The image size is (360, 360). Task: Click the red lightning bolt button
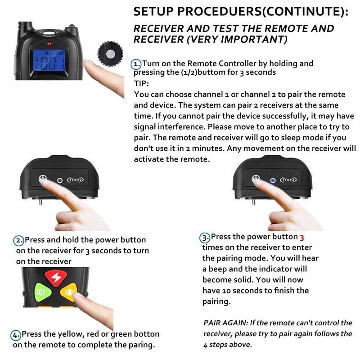coord(56,278)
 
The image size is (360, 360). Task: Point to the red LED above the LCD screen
coord(49,44)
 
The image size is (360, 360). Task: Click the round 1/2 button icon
coord(110,54)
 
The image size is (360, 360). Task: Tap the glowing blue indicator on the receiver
coord(273,180)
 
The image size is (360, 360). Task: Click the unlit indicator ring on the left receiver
coord(60,180)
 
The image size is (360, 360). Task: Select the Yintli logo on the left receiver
coord(75,180)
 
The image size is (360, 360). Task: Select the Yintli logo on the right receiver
coord(288,180)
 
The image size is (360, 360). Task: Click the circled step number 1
coord(136,64)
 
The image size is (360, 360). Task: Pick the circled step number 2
coord(18,241)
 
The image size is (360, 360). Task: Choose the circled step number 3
coord(205,238)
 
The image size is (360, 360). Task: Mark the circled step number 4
coord(16,335)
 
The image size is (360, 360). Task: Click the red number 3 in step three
coord(302,238)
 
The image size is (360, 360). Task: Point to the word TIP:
coord(141,83)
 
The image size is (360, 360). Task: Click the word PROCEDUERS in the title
coord(219,12)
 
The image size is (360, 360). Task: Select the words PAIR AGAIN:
coord(226,323)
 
